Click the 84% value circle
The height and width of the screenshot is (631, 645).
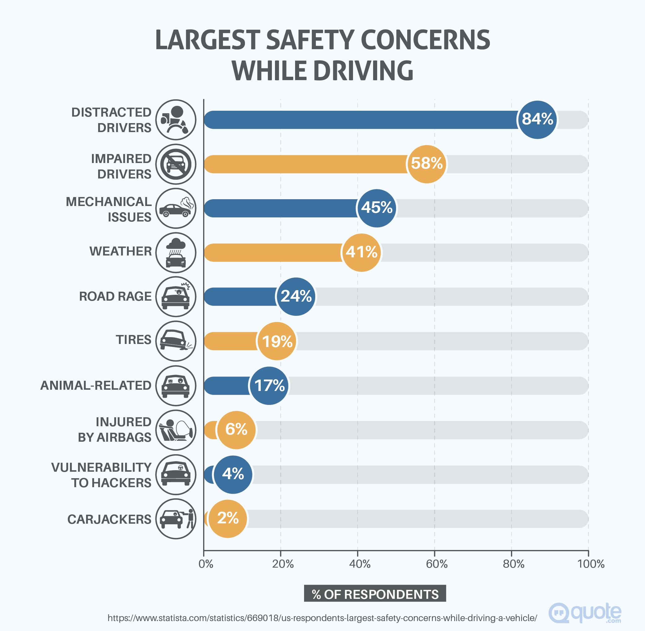(537, 119)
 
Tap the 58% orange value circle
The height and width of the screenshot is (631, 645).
(427, 164)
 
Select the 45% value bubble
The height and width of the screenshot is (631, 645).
(377, 208)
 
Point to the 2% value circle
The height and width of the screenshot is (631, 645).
(228, 518)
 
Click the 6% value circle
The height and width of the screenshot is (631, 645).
(236, 430)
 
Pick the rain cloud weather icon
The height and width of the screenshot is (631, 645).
(176, 252)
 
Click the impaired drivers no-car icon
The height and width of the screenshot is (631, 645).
(176, 164)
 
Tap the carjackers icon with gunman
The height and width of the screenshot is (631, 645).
(176, 518)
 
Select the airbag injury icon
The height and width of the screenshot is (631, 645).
(176, 430)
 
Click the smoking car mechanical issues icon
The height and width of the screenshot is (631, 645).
(176, 208)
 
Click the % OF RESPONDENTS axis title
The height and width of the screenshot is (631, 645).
(375, 594)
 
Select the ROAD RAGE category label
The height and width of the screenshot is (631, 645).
(115, 296)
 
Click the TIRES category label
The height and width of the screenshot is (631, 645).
(133, 340)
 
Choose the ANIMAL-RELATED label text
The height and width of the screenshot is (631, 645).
(96, 385)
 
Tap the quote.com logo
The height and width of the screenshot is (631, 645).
(585, 613)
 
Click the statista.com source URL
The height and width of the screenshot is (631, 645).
(322, 618)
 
